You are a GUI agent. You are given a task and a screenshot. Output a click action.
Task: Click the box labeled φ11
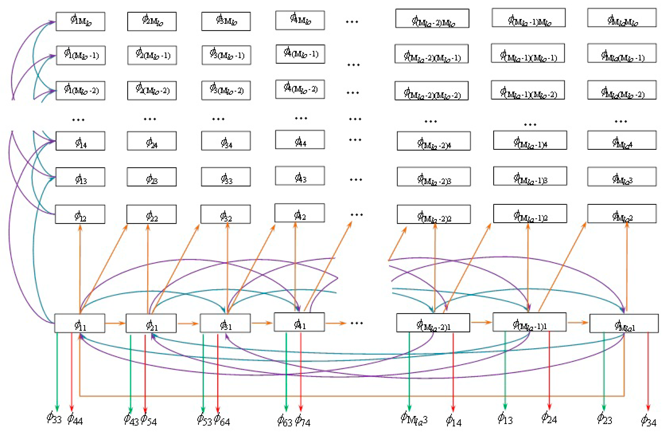coord(80,323)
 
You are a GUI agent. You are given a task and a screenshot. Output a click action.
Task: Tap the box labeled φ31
coord(225,323)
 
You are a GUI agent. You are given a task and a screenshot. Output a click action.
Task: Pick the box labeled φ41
coord(299,323)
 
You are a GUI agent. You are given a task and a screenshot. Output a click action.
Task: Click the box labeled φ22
coord(151,214)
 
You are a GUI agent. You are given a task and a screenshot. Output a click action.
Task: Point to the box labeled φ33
coord(226,177)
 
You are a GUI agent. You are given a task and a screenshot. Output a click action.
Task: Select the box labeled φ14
coord(80,141)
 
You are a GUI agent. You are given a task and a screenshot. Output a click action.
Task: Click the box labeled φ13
coord(80,177)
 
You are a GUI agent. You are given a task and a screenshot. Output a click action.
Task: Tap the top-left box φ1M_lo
coord(80,21)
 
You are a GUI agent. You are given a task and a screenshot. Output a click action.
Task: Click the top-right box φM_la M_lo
coord(622,18)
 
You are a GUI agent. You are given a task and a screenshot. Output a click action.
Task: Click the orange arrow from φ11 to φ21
coord(115,323)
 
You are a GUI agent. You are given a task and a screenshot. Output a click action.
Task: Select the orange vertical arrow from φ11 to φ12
coord(80,269)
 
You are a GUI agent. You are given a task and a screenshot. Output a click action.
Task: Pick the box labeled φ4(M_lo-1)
coord(300,54)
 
